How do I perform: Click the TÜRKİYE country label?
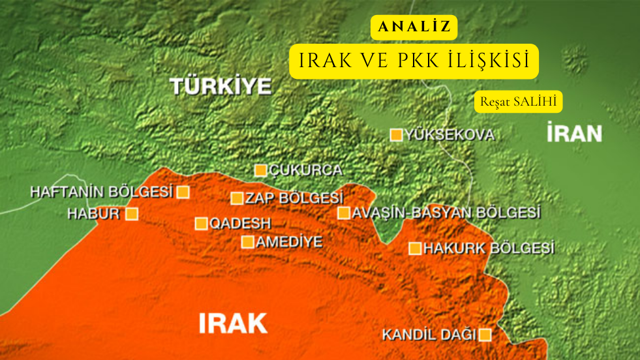(221, 86)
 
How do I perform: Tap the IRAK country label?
(233, 322)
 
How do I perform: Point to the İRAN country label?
(574, 134)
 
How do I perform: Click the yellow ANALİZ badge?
(414, 27)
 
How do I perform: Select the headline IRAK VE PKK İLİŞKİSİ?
(414, 61)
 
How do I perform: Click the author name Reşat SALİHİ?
(518, 102)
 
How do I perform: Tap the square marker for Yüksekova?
(396, 135)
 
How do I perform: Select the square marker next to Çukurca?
(260, 171)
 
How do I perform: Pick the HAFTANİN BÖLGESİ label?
(102, 192)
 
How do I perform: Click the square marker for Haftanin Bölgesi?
(183, 192)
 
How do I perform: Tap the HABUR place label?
(93, 213)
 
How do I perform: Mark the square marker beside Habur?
(132, 213)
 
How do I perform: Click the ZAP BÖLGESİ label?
(295, 198)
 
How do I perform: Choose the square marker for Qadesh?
(201, 224)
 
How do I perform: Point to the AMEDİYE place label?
(290, 242)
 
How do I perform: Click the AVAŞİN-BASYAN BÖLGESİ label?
(446, 213)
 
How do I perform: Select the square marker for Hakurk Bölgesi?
(414, 248)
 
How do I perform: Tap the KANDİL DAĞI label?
(429, 335)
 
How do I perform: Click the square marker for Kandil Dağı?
(485, 335)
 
